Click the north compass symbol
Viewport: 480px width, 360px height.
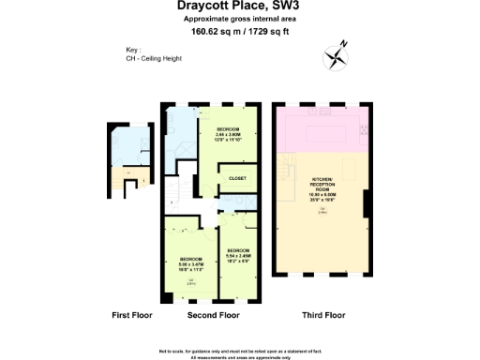pos(336,56)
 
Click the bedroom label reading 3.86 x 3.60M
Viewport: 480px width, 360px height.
pos(229,134)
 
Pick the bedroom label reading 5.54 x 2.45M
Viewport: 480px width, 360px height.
pos(238,254)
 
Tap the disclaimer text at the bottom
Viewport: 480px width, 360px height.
pos(240,351)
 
